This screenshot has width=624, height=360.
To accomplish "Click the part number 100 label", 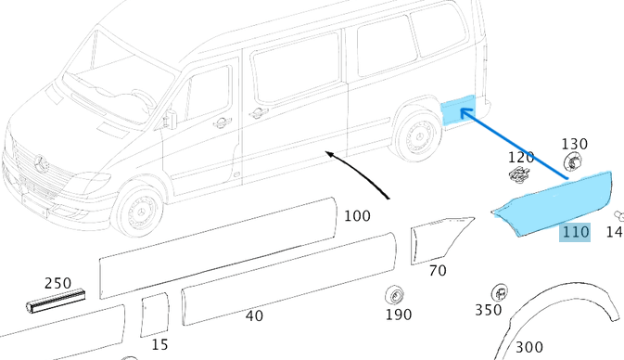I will (357, 216).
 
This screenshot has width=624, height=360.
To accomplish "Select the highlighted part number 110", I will (575, 231).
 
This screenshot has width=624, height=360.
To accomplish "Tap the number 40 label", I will (254, 315).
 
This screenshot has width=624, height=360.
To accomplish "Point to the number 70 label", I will (438, 271).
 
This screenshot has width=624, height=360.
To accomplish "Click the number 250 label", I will (57, 283).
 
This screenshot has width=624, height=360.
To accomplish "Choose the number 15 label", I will (159, 344).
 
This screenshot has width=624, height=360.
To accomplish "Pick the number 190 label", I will (399, 315).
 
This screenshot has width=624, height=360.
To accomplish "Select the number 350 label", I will (489, 310).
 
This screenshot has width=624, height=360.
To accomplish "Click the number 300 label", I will (529, 347).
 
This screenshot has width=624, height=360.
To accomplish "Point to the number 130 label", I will (575, 144).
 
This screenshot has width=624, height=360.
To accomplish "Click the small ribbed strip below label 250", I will (56, 301).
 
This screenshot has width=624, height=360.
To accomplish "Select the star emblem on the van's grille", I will (41, 164).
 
